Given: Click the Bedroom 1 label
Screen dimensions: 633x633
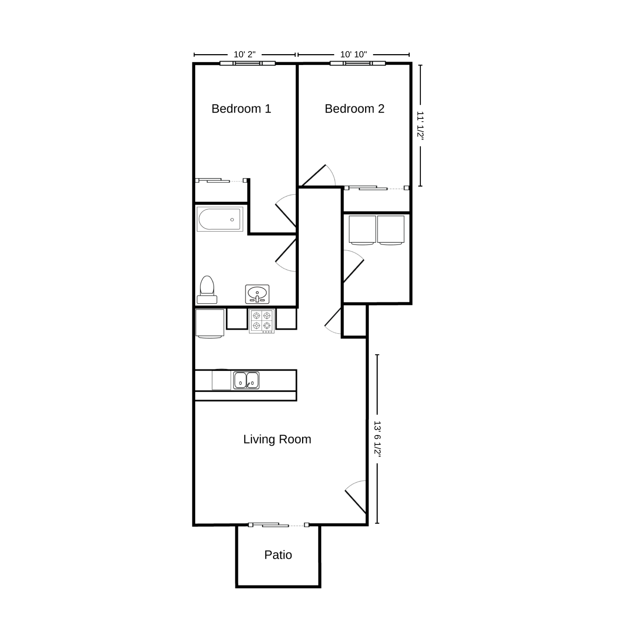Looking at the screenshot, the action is pyautogui.click(x=241, y=109).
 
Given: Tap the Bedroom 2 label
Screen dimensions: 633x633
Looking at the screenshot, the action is pyautogui.click(x=354, y=109).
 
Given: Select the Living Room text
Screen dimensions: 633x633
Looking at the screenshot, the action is pyautogui.click(x=277, y=439).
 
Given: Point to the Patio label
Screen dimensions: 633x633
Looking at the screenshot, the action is pyautogui.click(x=278, y=555).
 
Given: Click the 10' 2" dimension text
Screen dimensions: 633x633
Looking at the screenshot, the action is pyautogui.click(x=244, y=55).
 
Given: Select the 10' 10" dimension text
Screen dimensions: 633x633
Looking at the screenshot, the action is pyautogui.click(x=353, y=55).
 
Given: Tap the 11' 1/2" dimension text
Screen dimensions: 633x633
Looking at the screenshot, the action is pyautogui.click(x=420, y=126).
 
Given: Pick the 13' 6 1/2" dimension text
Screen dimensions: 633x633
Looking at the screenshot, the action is pyautogui.click(x=377, y=439).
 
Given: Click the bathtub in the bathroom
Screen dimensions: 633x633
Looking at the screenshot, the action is pyautogui.click(x=220, y=219).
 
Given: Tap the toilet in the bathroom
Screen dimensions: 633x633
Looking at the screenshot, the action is pyautogui.click(x=207, y=290).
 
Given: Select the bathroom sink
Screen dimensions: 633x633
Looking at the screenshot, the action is pyautogui.click(x=257, y=294).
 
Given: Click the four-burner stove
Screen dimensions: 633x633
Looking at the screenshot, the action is pyautogui.click(x=262, y=321).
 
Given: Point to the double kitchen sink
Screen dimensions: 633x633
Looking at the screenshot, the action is pyautogui.click(x=246, y=380).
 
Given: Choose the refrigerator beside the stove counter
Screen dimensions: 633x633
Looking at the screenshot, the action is pyautogui.click(x=210, y=323).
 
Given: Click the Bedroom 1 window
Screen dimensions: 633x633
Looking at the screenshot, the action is pyautogui.click(x=248, y=63).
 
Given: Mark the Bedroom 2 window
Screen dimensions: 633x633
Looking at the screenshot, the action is pyautogui.click(x=358, y=63).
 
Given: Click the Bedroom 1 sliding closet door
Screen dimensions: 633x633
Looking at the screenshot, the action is pyautogui.click(x=220, y=181).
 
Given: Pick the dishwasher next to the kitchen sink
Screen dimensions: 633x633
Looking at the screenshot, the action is pyautogui.click(x=221, y=380).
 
